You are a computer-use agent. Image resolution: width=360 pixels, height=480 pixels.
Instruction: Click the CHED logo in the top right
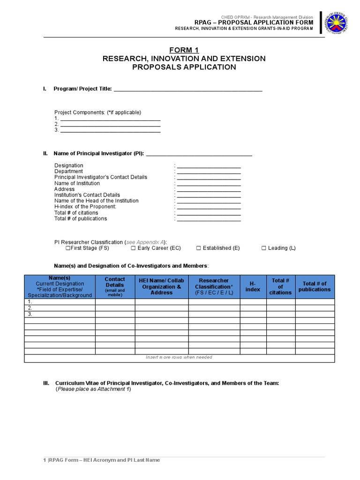[337, 22]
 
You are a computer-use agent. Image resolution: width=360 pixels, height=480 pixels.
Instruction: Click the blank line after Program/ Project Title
[188, 90]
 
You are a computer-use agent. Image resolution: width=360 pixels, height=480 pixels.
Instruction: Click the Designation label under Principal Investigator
[69, 165]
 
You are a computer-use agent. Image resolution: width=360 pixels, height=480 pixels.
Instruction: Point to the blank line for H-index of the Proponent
[209, 207]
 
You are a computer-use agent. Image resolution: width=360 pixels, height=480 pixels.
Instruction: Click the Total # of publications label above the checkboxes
[81, 218]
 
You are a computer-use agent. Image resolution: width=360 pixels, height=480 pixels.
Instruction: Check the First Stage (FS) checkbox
[68, 248]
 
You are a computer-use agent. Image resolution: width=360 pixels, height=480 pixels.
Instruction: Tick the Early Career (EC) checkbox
[133, 248]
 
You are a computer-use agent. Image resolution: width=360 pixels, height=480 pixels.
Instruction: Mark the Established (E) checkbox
[198, 248]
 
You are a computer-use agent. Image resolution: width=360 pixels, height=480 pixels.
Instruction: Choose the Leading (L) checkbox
[264, 248]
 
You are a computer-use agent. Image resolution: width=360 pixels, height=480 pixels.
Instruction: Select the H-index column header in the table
[253, 286]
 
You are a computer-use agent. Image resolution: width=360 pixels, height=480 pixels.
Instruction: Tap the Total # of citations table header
[280, 286]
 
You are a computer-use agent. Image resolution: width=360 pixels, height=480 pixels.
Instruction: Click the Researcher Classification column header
[214, 286]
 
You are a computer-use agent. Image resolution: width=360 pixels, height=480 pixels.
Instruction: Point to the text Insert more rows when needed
[179, 357]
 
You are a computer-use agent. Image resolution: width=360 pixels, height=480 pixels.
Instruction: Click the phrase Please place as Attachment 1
[94, 389]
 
